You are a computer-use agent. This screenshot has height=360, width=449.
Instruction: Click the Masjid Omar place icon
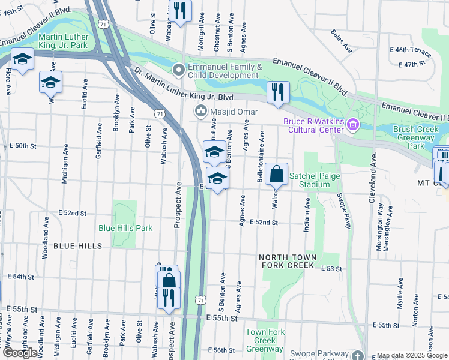200,112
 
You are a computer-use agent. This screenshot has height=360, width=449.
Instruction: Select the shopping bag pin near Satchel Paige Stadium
276,175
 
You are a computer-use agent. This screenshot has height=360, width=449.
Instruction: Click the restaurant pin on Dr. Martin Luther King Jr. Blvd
277,92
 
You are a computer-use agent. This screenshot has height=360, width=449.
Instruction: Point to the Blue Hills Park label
125,228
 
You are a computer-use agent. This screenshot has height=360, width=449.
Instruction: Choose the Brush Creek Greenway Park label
417,137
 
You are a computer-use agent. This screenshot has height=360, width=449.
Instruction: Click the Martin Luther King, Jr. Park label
62,40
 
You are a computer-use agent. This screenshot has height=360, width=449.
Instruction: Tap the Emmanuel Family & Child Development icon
178,70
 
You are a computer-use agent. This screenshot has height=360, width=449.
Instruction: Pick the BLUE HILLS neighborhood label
77,246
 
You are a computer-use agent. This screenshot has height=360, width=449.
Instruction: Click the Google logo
20,353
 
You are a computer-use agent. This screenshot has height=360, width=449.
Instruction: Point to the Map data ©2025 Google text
412,355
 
